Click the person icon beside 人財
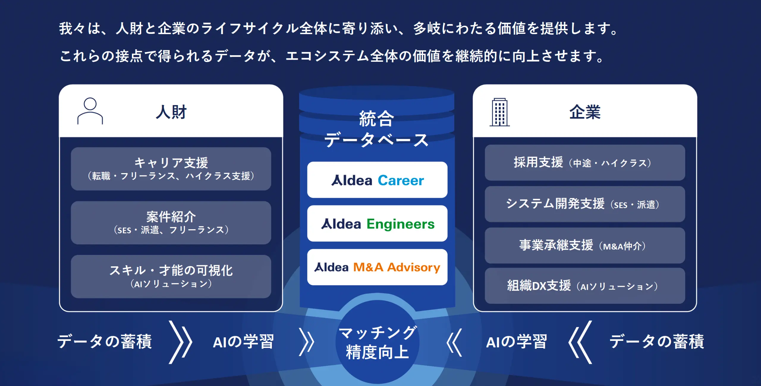coord(90,111)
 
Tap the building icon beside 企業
coord(499,112)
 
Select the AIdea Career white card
coord(377,180)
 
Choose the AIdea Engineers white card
coord(377,224)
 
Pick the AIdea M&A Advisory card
coord(377,267)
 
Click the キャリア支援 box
coord(171,169)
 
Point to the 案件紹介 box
coord(171,223)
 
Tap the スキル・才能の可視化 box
coord(171,276)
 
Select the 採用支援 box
coord(585,163)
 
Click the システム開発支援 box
coord(585,204)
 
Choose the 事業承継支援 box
coord(585,246)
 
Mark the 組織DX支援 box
coord(585,286)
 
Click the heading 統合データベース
coord(377,129)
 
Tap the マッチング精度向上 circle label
coord(377,342)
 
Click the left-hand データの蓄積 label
coord(105,341)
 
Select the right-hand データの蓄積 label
coord(656,341)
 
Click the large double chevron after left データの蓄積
coord(180,342)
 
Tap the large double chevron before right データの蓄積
coord(580,342)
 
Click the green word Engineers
coord(400,224)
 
